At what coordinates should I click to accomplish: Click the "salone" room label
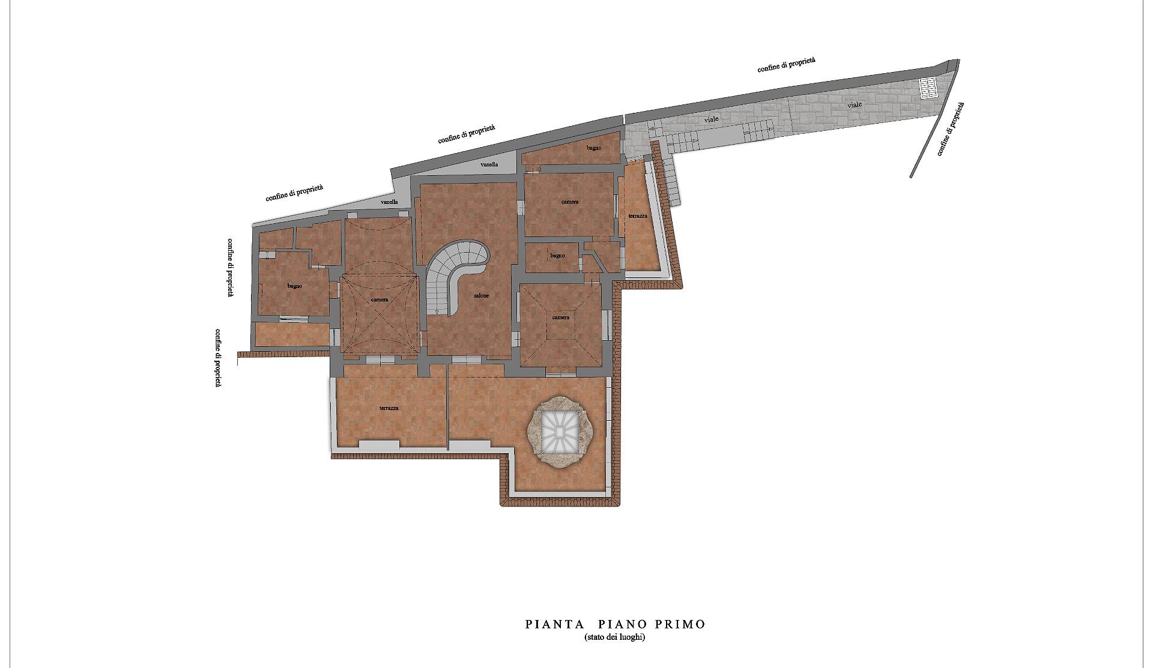point(481,296)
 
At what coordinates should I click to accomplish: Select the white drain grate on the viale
point(928,88)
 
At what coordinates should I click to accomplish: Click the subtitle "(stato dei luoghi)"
point(615,637)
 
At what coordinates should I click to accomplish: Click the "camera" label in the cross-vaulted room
point(380,299)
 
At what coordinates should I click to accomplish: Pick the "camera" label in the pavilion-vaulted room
point(560,317)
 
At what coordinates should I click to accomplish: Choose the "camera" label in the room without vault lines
point(570,202)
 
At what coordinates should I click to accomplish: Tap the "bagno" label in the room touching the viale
point(594,148)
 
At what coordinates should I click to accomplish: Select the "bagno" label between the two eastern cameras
point(557,256)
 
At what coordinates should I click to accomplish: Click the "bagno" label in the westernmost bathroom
point(294,286)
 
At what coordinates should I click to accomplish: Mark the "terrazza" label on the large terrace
point(389,408)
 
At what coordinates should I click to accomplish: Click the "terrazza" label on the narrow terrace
point(638,215)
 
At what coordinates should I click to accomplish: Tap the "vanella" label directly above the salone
point(489,164)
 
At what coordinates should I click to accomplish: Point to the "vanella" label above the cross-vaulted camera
point(389,202)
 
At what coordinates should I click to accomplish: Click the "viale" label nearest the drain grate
point(855,104)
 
